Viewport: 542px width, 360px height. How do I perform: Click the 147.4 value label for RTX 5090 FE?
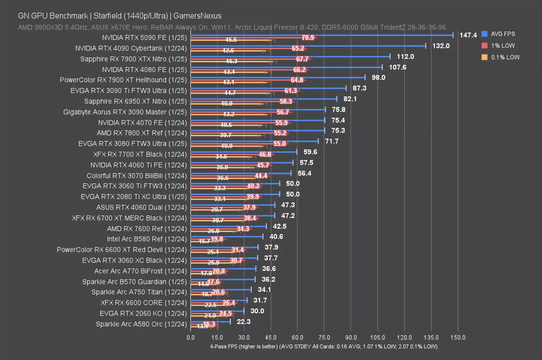tap(468, 35)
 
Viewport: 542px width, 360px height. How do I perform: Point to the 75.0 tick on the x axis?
tap(324, 338)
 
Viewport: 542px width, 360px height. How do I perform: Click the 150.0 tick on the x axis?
tap(458, 338)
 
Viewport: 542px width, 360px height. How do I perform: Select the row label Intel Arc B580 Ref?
tap(147, 239)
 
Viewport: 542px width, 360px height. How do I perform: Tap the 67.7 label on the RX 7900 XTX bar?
tap(302, 59)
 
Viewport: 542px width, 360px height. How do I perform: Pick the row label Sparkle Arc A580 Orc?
tap(141, 324)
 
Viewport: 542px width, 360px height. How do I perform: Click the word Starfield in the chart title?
tap(108, 16)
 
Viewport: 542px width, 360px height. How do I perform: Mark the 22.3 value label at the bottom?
tap(243, 322)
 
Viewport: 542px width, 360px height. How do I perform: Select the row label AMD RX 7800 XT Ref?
tap(141, 133)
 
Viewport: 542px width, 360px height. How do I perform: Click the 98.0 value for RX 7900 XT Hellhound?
tap(378, 78)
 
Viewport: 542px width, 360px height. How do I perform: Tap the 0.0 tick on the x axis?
tap(191, 338)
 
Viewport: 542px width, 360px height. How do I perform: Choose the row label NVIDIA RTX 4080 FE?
tap(144, 70)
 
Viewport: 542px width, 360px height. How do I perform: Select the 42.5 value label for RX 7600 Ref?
tap(279, 226)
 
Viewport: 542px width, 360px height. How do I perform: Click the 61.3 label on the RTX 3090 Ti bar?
tap(291, 91)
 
